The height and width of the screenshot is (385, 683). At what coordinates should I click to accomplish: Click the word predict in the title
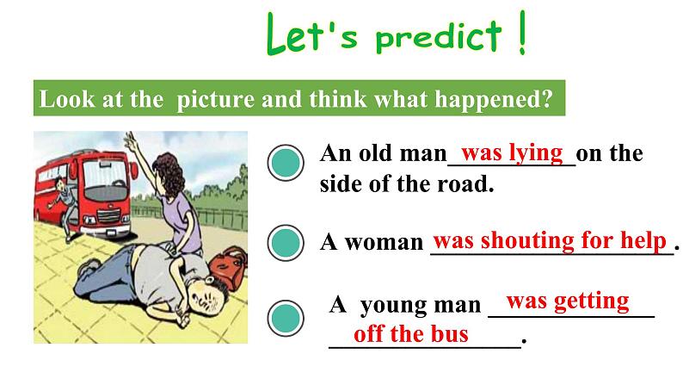coord(439,36)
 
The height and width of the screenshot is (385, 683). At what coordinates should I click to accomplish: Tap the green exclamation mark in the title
coord(521,33)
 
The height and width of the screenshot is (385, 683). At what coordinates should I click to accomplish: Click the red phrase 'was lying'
coord(512,152)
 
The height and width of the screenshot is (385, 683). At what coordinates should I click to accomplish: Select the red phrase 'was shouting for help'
coord(550,239)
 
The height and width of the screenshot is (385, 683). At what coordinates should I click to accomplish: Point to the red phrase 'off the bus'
coord(411,333)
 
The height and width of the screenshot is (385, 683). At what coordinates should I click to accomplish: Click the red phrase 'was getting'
coord(568,301)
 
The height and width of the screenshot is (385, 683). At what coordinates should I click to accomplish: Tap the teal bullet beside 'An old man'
coord(286,162)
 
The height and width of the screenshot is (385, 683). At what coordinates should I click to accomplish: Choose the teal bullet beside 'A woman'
coord(286,243)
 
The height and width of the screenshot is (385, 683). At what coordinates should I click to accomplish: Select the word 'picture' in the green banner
coord(215,99)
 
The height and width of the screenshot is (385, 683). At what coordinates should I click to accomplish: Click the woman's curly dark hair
coord(170,177)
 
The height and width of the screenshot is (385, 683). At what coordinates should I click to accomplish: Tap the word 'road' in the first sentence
coord(465,184)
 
